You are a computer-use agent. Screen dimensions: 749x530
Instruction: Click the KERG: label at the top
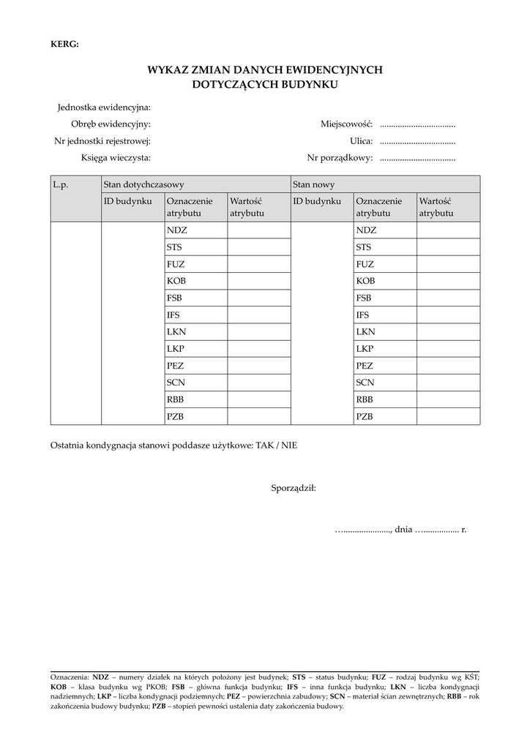coord(64,44)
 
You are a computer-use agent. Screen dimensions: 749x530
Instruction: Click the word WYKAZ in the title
coord(170,69)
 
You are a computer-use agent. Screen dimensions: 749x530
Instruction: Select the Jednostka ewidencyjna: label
coord(104,108)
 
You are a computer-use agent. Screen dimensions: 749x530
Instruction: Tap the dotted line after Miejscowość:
coord(418,124)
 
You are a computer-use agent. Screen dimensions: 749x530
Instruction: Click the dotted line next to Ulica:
coord(418,141)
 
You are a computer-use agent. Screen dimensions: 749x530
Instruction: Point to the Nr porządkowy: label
coord(340,157)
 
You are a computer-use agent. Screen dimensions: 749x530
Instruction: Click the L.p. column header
coord(61,184)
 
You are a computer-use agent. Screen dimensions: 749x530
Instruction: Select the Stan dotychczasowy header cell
coord(143,184)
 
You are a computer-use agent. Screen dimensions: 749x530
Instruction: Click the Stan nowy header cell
coord(313,184)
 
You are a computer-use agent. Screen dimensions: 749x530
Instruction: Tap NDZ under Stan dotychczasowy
coord(177,230)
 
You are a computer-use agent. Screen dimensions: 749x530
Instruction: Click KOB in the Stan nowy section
coord(365,281)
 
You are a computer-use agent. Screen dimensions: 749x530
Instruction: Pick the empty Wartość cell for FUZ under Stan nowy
coord(448,264)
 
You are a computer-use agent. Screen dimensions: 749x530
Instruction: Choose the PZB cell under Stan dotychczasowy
coord(176,416)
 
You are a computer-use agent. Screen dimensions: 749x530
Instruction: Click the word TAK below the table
coord(264,445)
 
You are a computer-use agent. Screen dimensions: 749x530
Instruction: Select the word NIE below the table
coord(290,445)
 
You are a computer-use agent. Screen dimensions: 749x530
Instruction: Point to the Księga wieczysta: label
coord(116,157)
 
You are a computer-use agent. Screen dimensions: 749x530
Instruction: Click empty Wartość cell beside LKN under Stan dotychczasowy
coord(258,331)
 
